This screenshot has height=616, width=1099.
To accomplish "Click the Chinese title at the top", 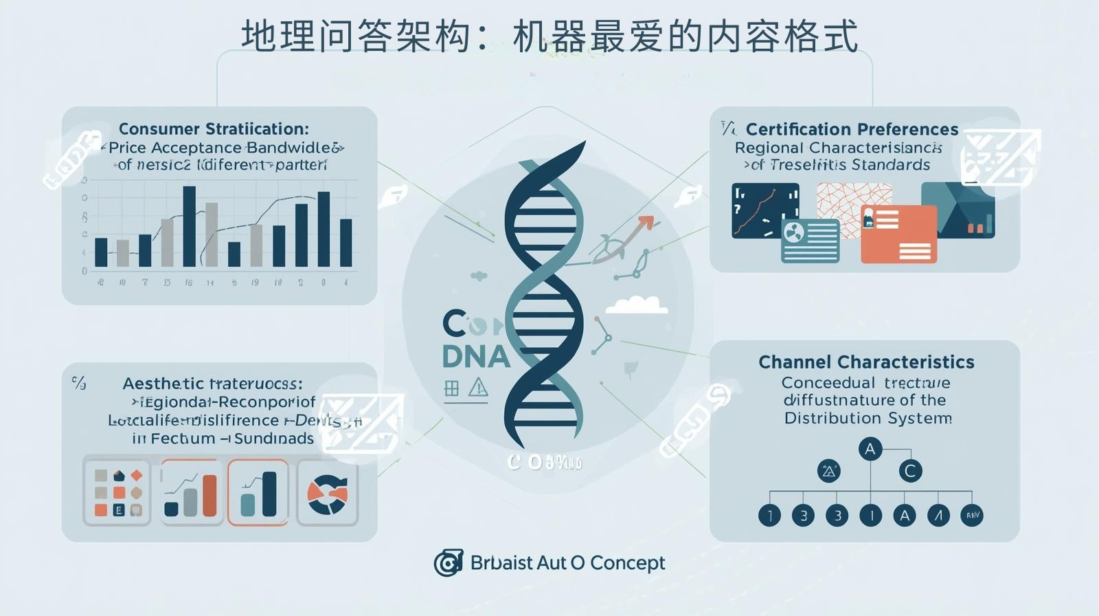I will pyautogui.click(x=549, y=36).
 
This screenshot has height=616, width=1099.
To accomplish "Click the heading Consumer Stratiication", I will pyautogui.click(x=214, y=129).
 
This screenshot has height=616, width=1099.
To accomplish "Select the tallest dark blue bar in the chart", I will pyautogui.click(x=189, y=225).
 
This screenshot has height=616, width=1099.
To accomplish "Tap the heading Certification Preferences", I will pyautogui.click(x=852, y=129).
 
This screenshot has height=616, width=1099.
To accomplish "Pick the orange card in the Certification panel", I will pyautogui.click(x=898, y=234).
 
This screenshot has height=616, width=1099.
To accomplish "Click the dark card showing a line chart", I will pyautogui.click(x=764, y=210).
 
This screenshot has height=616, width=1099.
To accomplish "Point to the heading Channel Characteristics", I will pyautogui.click(x=866, y=362).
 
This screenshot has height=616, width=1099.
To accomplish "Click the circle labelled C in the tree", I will pyautogui.click(x=910, y=471).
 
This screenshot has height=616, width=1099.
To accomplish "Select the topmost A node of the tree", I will pyautogui.click(x=870, y=449).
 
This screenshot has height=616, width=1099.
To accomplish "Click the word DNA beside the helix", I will pyautogui.click(x=476, y=356).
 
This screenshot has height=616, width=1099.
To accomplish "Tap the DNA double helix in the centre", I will pyautogui.click(x=545, y=296).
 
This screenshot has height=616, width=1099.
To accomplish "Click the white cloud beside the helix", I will pyautogui.click(x=637, y=305).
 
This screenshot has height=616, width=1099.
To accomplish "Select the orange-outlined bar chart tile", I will pyautogui.click(x=258, y=493).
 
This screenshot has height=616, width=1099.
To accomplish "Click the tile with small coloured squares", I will pyautogui.click(x=117, y=492).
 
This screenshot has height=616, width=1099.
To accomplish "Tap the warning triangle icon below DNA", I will pyautogui.click(x=478, y=388).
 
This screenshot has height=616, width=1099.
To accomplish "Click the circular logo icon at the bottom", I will pyautogui.click(x=448, y=563).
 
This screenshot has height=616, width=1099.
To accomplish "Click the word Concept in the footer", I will pyautogui.click(x=627, y=563).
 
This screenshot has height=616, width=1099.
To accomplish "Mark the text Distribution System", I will pyautogui.click(x=868, y=418).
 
